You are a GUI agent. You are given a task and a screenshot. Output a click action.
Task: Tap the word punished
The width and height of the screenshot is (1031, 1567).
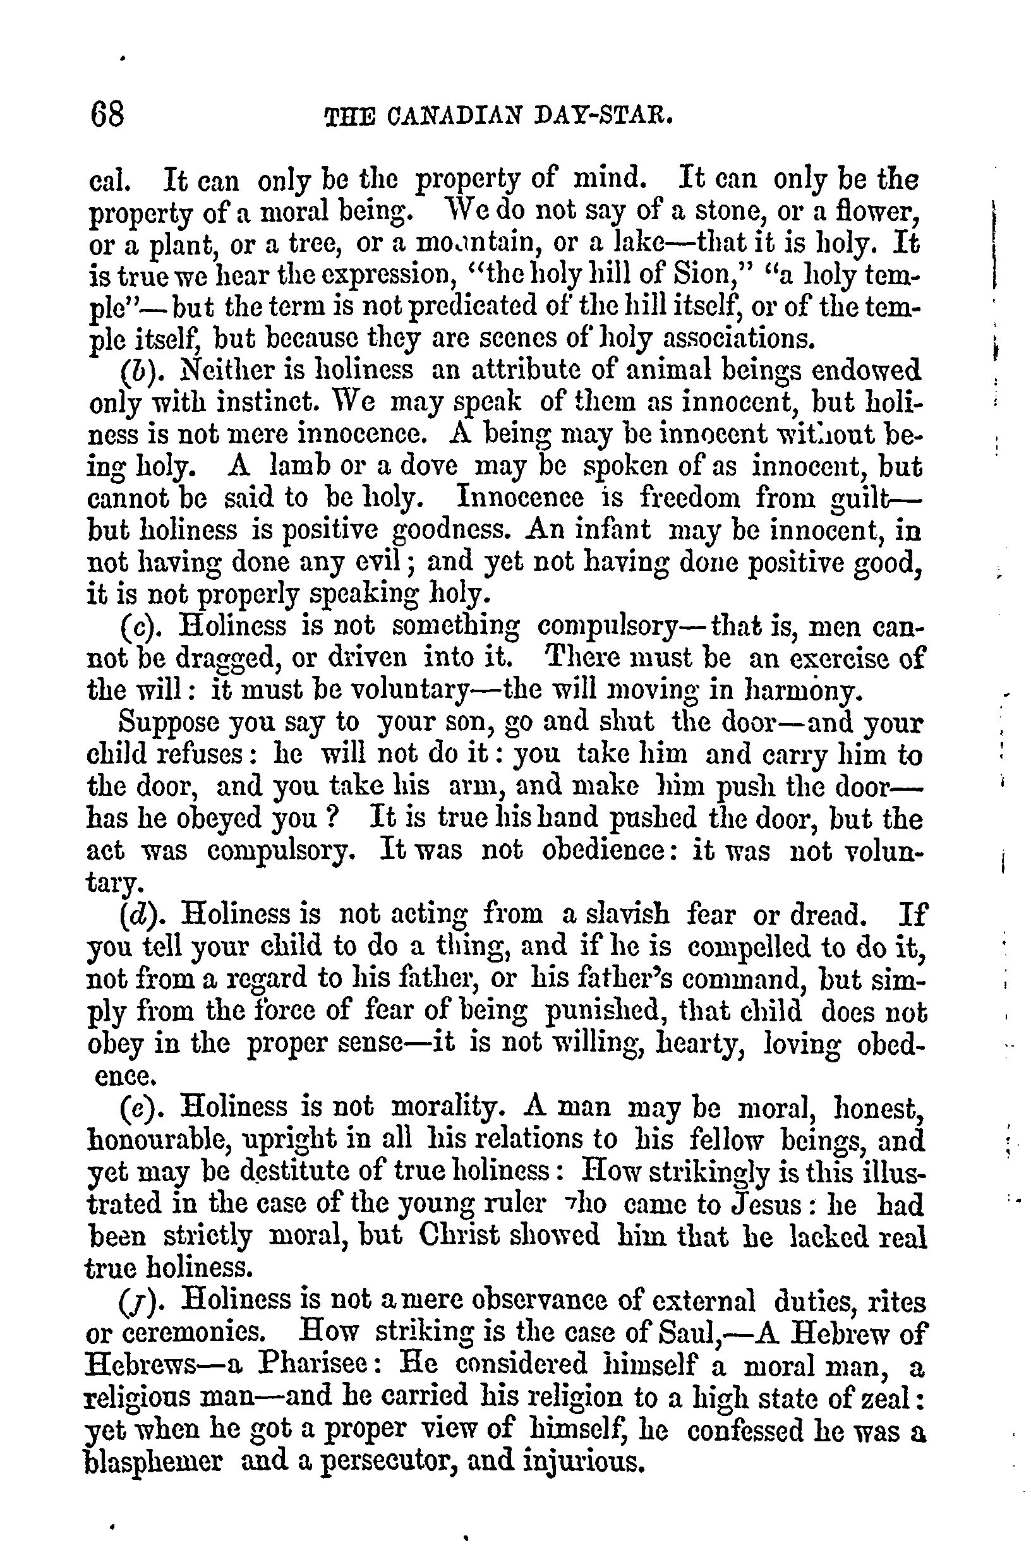(x=606, y=1012)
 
